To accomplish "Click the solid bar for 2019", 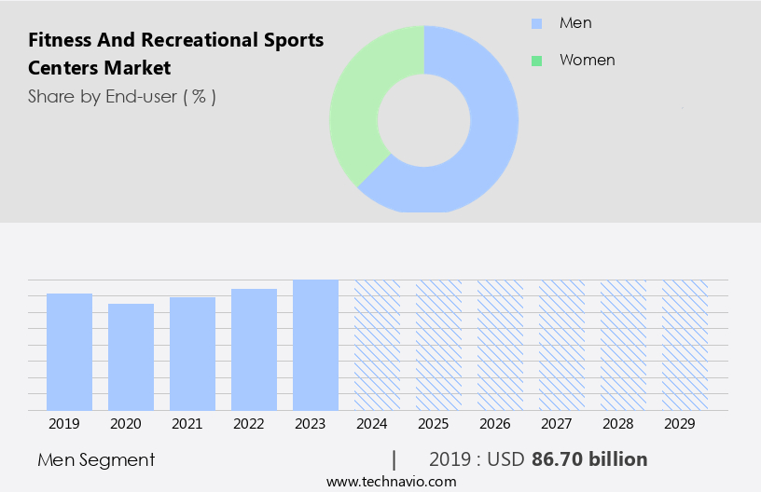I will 69,351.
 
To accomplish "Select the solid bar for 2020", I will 131,357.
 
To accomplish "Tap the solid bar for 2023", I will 315,345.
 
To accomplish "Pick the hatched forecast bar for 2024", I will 377,345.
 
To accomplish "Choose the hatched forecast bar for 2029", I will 685,345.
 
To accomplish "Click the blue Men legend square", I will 536,23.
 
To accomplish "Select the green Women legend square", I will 536,61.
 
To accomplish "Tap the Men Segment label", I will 96,459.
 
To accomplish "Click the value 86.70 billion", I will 589,459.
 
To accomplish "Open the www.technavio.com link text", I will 391,481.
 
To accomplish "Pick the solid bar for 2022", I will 254,349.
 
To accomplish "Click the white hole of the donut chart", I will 424,118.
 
